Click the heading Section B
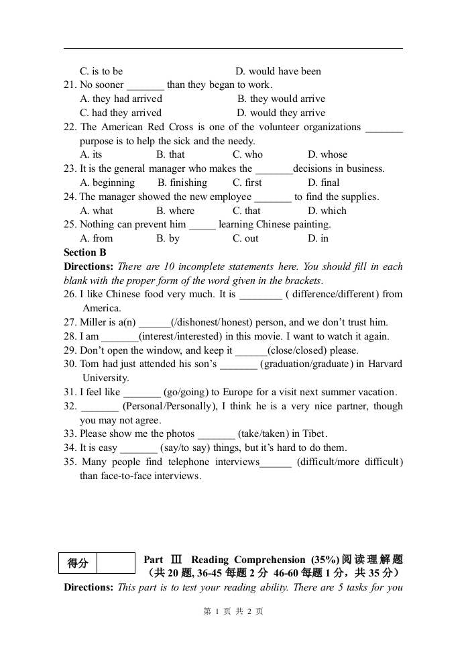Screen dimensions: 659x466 click(84, 252)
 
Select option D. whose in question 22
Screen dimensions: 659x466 click(327, 154)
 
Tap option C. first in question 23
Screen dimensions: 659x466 click(247, 183)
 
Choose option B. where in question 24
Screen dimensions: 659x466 click(175, 211)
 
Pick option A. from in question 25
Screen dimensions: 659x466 click(97, 238)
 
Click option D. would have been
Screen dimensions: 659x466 click(278, 71)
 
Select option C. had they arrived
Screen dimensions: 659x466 click(121, 113)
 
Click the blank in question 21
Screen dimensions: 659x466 click(145, 85)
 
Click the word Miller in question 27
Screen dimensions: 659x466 click(93, 322)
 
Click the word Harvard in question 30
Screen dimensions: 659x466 click(384, 364)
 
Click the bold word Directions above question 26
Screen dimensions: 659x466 click(88, 266)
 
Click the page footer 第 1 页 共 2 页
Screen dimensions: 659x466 click(233, 611)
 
